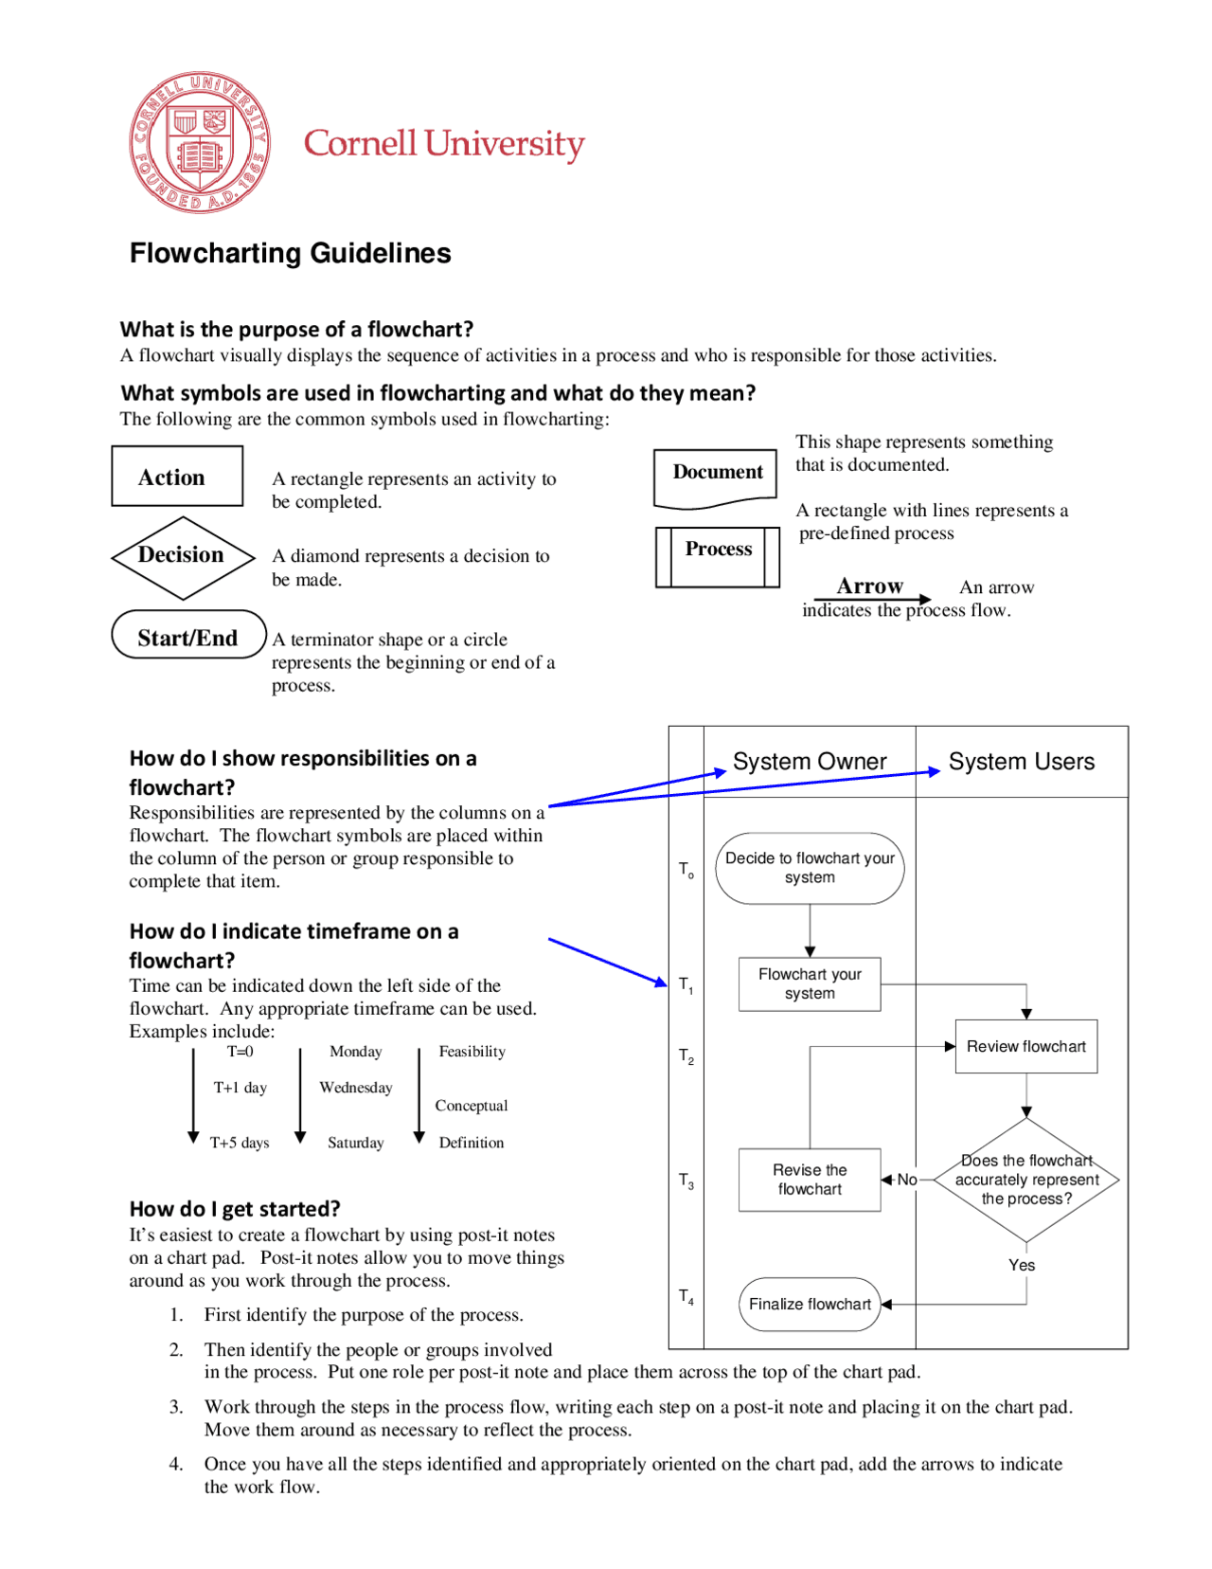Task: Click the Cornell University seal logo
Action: click(199, 142)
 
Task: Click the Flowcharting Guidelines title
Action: click(290, 253)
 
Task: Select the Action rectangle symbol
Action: click(177, 477)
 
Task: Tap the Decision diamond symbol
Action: click(182, 556)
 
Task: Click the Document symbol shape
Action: click(716, 476)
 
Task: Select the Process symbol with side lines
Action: click(718, 556)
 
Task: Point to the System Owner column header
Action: click(810, 762)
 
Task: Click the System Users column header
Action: click(1021, 762)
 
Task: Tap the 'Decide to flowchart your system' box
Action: click(810, 868)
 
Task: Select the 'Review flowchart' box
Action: click(1025, 1046)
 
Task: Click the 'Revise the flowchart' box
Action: click(810, 1180)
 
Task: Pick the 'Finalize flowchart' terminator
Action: click(810, 1304)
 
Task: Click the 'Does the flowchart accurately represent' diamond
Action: click(1026, 1180)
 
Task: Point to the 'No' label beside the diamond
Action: click(907, 1180)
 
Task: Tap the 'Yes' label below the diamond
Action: click(1022, 1265)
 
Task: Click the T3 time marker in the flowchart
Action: click(686, 1181)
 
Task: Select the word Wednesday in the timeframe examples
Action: click(356, 1088)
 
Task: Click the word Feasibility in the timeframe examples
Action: click(472, 1052)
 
